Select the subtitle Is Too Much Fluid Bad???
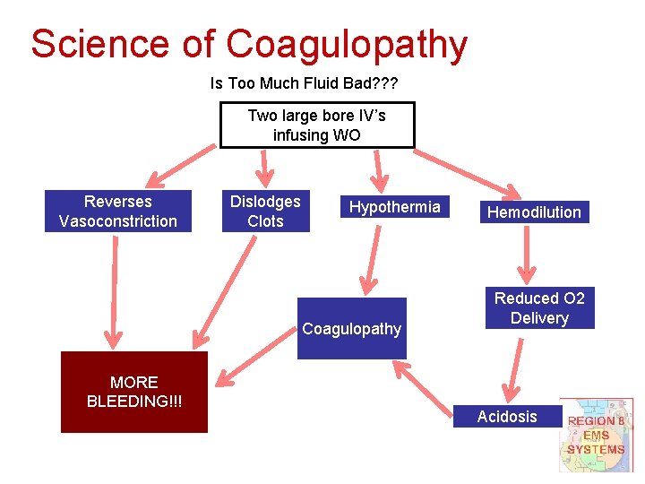click(x=304, y=83)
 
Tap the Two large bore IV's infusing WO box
click(x=317, y=125)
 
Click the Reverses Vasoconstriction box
click(x=118, y=212)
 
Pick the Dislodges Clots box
click(x=265, y=212)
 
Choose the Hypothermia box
click(x=394, y=207)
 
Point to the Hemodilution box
click(x=534, y=212)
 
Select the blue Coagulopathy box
click(x=351, y=328)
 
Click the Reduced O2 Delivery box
click(x=539, y=307)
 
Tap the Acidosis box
click(x=507, y=416)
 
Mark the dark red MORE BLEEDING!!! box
click(x=133, y=392)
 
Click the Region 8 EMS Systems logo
click(x=596, y=435)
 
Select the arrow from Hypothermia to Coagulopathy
click(x=367, y=260)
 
